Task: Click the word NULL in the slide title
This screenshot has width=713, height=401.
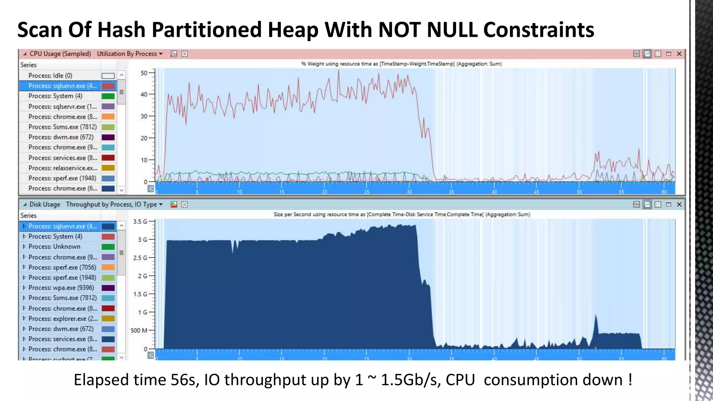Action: [452, 30]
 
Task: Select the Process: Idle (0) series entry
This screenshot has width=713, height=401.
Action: [50, 76]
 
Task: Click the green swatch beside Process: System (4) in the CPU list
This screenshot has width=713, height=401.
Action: [108, 96]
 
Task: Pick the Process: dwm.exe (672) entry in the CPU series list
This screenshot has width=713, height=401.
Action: [61, 137]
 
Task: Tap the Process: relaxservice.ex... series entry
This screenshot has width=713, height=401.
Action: [63, 168]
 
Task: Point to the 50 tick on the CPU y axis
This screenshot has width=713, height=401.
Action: [144, 73]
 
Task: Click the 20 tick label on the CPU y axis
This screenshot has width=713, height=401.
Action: [144, 138]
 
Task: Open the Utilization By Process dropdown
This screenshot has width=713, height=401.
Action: [130, 54]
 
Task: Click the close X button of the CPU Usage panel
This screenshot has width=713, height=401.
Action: [679, 54]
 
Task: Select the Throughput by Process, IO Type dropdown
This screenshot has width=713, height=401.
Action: [114, 204]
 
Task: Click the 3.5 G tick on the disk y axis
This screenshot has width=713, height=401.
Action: [140, 221]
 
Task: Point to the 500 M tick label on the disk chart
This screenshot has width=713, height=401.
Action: [139, 330]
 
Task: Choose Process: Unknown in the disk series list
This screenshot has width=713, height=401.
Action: [54, 246]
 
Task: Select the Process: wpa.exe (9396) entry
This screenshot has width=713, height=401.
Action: [61, 288]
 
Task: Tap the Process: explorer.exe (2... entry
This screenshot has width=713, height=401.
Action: [63, 319]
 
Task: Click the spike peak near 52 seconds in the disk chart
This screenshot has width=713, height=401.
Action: [596, 315]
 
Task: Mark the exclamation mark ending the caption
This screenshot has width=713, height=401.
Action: [630, 379]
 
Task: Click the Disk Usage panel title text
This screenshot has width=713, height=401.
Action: [45, 204]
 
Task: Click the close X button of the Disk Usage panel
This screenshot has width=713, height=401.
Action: [679, 204]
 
